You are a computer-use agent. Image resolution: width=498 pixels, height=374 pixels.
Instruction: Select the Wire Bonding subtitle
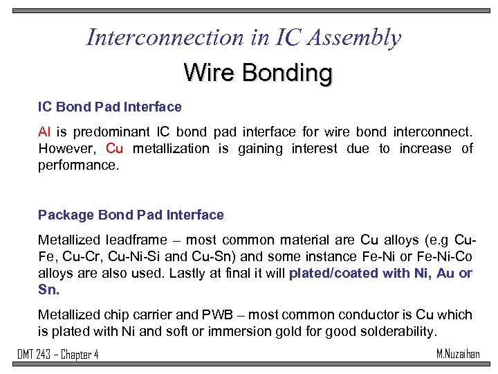point(257,72)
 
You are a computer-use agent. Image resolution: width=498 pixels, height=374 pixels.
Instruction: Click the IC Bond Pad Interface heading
point(109,107)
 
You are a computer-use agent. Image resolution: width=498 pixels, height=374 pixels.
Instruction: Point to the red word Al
point(44,131)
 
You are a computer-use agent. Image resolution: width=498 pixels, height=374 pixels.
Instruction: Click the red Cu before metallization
point(115,148)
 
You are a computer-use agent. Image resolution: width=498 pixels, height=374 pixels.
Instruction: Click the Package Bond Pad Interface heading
point(131,215)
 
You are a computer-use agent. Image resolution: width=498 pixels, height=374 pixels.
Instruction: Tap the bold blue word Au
point(446,273)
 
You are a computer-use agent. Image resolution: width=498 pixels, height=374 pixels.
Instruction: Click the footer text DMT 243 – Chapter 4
point(57,355)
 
